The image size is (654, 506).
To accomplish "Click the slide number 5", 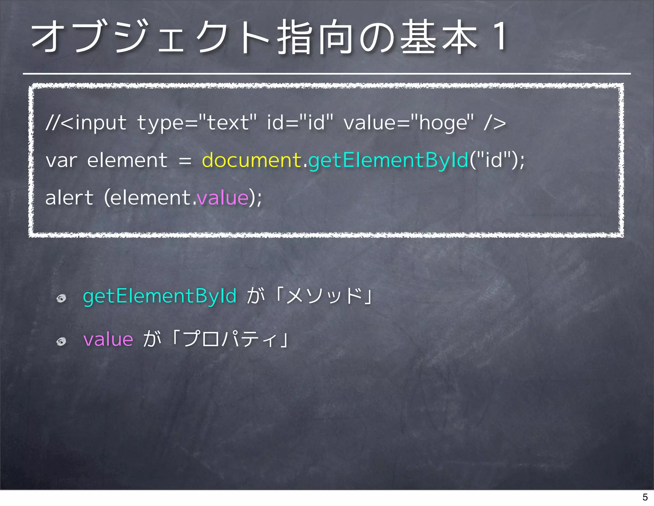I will (645, 497).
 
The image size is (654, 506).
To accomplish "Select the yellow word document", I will (252, 160).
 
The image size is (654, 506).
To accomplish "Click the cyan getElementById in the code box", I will (388, 160).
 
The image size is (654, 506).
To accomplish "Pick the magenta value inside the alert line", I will (223, 198).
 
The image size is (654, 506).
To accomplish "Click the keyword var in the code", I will (61, 160).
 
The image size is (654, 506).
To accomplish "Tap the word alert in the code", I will (69, 198).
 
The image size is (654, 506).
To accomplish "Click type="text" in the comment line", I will (197, 123).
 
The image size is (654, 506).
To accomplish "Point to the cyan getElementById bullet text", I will (160, 296).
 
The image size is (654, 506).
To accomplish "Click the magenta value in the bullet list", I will (108, 339).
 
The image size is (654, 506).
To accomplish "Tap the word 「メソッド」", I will (324, 296).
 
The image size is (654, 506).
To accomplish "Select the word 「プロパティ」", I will (231, 339).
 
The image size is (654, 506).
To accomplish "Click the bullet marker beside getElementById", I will (61, 298).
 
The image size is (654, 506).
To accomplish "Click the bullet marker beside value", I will (61, 342).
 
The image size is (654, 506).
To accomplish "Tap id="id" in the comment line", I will (300, 123).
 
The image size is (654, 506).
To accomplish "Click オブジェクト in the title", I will (150, 37).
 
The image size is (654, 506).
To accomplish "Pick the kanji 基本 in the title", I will (439, 37).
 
